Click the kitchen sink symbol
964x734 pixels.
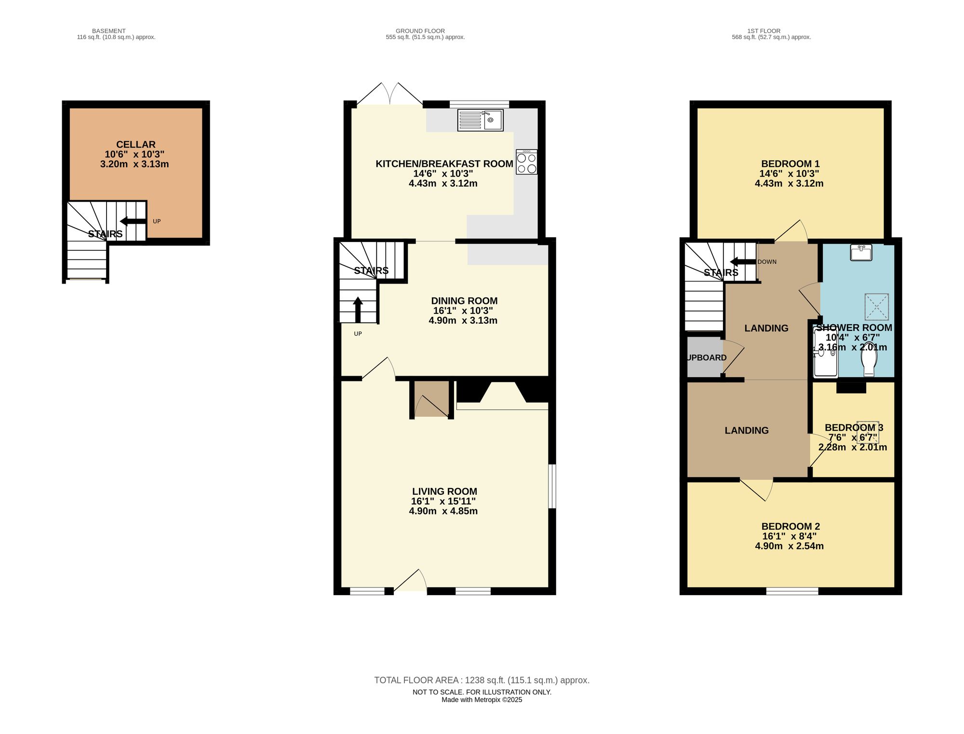tap(480, 120)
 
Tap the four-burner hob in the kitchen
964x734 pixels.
tap(526, 163)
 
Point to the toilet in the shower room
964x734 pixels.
tap(869, 359)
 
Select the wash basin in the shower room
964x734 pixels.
tap(861, 253)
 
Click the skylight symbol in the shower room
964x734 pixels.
tap(877, 307)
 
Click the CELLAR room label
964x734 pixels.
tap(136, 145)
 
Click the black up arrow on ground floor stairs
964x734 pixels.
tap(358, 309)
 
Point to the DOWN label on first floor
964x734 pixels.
tap(767, 262)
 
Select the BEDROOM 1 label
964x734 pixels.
tap(790, 164)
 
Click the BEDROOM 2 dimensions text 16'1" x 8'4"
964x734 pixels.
tap(789, 536)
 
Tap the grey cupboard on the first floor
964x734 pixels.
tap(704, 357)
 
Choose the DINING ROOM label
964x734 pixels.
tap(464, 301)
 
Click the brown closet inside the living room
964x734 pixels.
tap(431, 399)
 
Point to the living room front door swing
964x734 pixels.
tap(411, 581)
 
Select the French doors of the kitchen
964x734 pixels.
tap(390, 94)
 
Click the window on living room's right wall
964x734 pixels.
tap(552, 486)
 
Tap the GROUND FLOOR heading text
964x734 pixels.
tap(420, 31)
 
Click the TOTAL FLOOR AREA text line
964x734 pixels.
tap(482, 680)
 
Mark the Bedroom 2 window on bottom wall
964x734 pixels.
tap(792, 591)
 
